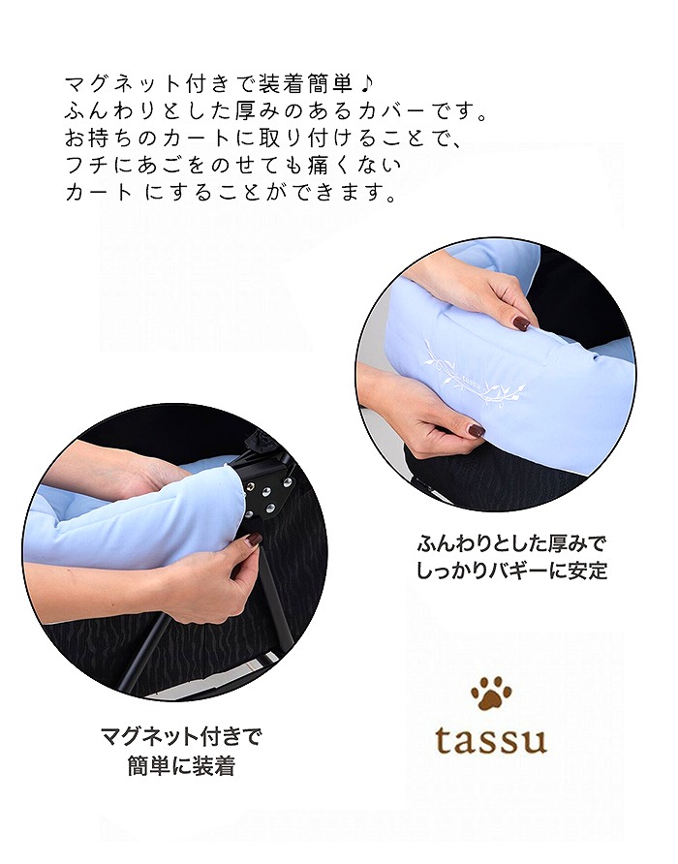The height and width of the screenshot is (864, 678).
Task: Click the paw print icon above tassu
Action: coord(491,694)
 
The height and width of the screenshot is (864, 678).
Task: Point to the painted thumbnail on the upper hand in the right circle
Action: coord(522,324)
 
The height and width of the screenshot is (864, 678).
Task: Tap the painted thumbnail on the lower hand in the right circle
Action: coord(477,430)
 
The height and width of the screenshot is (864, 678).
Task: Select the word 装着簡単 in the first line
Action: coord(299,80)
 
